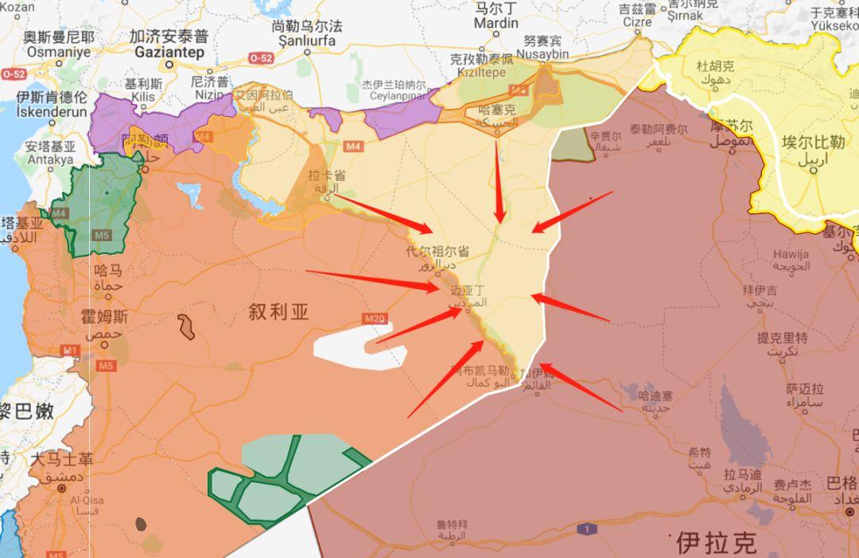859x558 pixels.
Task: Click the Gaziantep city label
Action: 169,52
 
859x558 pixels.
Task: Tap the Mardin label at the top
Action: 496,23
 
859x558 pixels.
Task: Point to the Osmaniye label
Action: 58,52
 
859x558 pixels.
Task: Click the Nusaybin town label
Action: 547,54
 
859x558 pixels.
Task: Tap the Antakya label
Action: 49,160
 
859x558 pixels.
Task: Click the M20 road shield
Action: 375,319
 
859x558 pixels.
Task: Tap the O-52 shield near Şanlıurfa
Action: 260,58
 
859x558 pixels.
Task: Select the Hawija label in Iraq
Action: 791,255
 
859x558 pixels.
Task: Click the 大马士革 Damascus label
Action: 61,460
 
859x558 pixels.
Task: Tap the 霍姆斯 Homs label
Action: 103,317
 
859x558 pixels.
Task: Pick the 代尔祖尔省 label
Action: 437,252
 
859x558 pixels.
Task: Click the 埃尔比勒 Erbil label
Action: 813,143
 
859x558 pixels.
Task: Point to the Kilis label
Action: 143,96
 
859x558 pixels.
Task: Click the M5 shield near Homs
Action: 106,365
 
